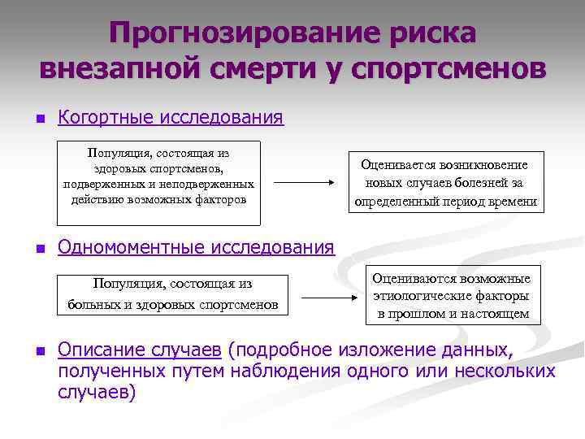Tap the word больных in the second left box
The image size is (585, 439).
(x=89, y=305)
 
